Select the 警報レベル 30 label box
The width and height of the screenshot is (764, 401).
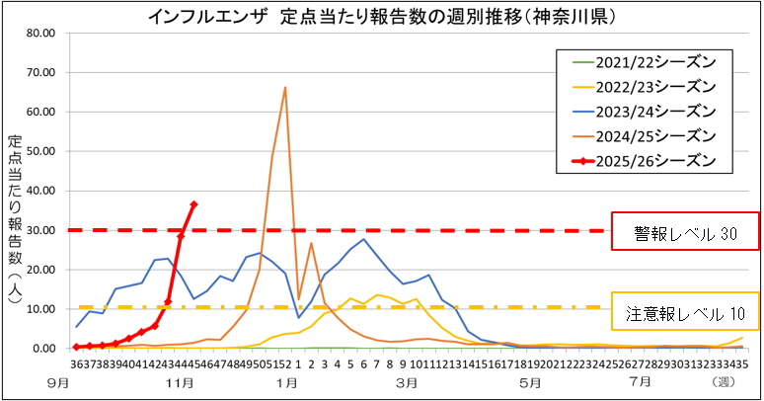pyautogui.click(x=685, y=235)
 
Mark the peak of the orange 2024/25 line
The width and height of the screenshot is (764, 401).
pyautogui.click(x=285, y=88)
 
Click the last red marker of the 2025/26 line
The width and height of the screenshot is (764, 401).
pyautogui.click(x=194, y=204)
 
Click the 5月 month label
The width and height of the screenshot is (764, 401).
pyautogui.click(x=529, y=381)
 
